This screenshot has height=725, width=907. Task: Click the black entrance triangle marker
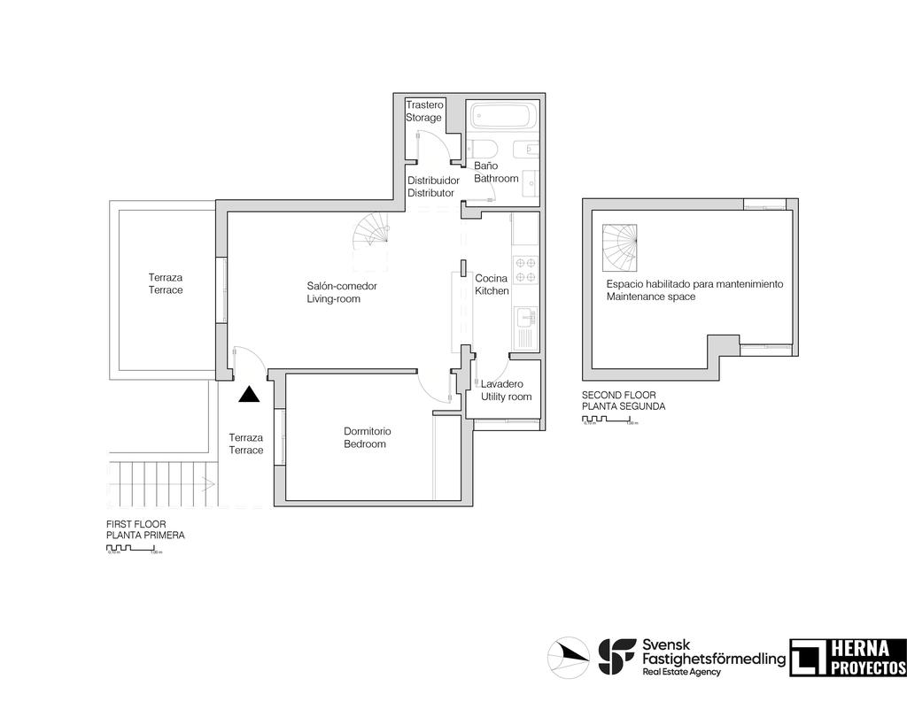250,395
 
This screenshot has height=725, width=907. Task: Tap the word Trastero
424,104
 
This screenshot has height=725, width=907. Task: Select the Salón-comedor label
342,286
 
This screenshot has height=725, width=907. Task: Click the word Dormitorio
367,431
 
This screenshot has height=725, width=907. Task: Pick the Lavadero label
501,384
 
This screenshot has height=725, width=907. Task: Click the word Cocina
491,278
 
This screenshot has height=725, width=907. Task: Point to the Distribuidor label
433,180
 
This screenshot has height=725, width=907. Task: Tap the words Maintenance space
650,297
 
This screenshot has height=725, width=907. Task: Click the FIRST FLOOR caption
136,524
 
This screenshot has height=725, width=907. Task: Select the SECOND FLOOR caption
618,395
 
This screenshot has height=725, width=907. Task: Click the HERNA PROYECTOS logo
848,658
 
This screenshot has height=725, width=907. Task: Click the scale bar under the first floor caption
133,550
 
